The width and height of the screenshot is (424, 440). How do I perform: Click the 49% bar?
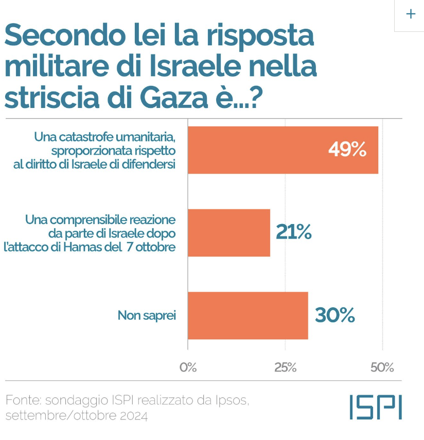tap(283, 150)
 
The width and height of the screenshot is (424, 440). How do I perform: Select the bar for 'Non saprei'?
tap(248, 316)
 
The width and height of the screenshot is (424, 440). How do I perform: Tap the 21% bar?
tap(229, 233)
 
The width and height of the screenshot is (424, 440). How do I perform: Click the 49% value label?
tap(347, 150)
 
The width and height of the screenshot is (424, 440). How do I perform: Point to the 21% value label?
tap(294, 233)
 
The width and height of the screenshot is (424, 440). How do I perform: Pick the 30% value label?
tap(334, 316)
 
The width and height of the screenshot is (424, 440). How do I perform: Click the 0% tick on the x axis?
tap(188, 368)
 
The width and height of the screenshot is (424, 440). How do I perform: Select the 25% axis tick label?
tap(285, 368)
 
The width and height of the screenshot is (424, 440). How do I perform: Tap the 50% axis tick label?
tap(382, 368)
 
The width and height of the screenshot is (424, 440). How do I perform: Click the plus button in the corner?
tap(411, 14)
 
